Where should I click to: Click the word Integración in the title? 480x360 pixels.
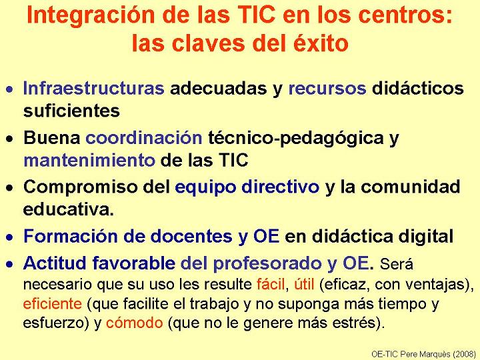click(x=91, y=15)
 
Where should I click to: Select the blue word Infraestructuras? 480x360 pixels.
click(x=94, y=88)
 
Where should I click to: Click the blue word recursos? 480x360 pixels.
click(x=327, y=89)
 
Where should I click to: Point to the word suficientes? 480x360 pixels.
click(x=71, y=111)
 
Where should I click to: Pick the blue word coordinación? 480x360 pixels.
click(x=144, y=138)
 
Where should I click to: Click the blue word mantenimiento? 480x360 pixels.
click(x=89, y=160)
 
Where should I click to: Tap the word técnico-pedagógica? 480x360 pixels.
click(x=296, y=139)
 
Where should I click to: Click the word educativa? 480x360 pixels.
click(x=69, y=209)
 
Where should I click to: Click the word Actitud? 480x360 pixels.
click(x=56, y=263)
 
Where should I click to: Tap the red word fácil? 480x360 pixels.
click(x=271, y=285)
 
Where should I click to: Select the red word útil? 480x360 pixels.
click(x=304, y=285)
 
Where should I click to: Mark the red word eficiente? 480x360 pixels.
click(x=53, y=304)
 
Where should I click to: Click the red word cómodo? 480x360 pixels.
click(x=135, y=323)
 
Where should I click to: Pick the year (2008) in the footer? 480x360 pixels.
click(x=464, y=354)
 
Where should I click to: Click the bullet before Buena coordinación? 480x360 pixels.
click(x=10, y=139)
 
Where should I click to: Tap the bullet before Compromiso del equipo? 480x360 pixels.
click(x=10, y=187)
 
